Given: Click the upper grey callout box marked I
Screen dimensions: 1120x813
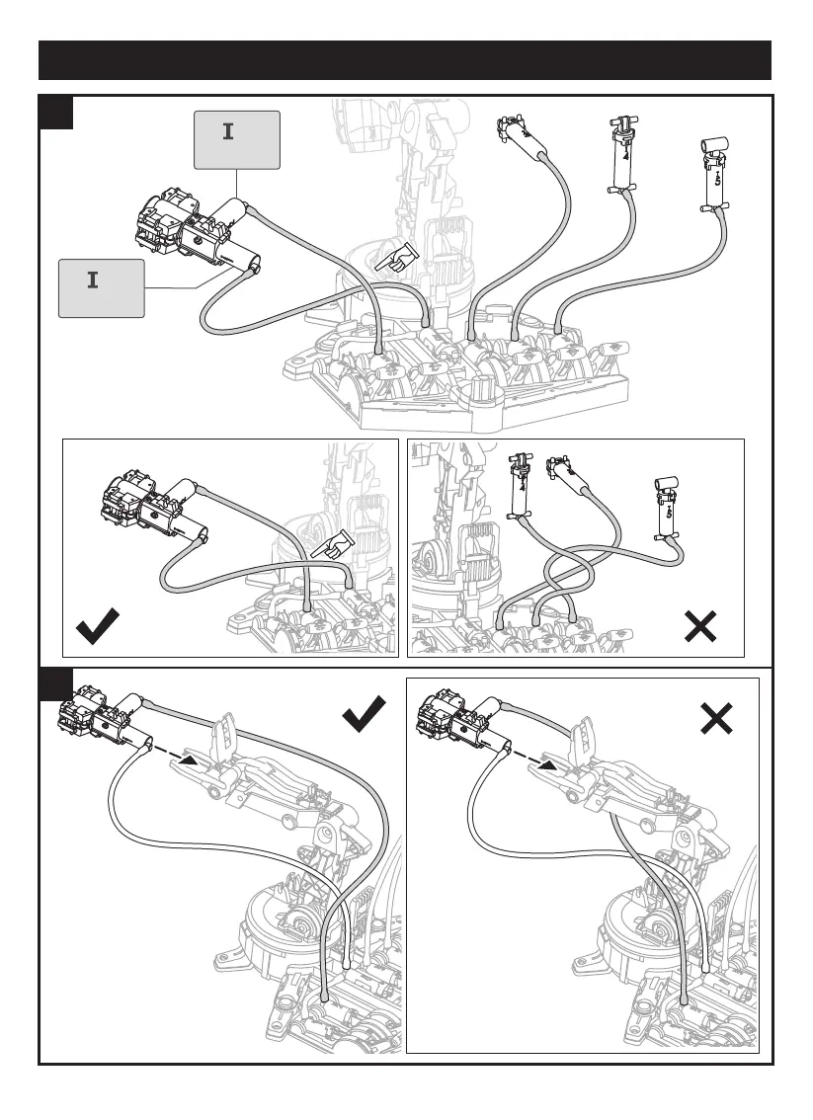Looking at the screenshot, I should (237, 140).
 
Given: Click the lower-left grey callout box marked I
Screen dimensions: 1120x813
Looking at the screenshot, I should (101, 287).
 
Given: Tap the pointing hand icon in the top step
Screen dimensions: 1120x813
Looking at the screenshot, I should (396, 260).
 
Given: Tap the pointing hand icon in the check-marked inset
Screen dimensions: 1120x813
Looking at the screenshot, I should (333, 544).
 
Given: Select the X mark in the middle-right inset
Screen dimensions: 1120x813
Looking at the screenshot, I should (699, 627).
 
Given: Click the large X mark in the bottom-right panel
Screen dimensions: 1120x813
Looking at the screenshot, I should (715, 717).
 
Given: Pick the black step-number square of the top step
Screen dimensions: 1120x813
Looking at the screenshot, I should (56, 112).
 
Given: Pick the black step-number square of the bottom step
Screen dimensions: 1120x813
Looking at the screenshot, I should (56, 681).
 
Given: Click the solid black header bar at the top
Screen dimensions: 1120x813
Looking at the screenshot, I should (405, 59).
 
